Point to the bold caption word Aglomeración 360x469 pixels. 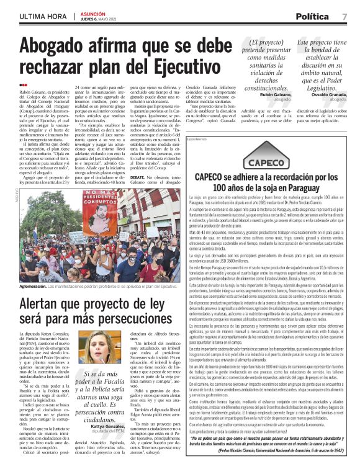click(38, 303)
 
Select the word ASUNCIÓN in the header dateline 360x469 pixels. click(93, 12)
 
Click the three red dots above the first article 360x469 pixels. click(24, 85)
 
